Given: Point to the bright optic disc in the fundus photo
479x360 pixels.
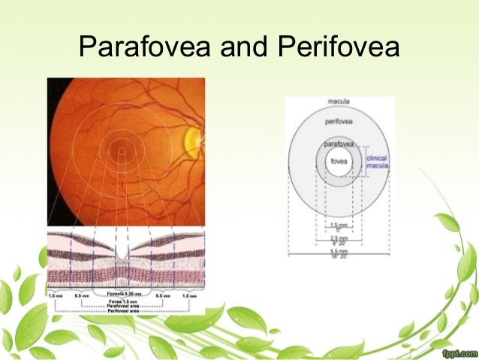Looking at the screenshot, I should (x=193, y=140).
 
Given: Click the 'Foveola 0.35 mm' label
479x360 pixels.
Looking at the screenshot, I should (x=125, y=295).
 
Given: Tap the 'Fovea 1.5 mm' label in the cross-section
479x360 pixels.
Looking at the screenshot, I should (x=125, y=301).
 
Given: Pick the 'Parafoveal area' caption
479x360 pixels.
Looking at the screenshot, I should (x=125, y=306).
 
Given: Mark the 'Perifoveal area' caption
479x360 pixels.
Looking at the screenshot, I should (x=125, y=311).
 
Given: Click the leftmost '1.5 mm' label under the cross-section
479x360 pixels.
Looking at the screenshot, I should (x=56, y=296).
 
